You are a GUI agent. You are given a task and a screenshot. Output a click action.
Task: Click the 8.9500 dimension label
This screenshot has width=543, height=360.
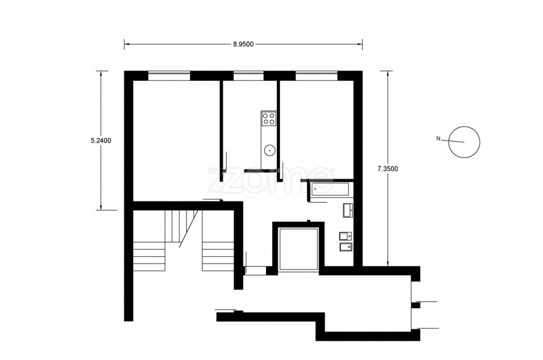coord(243,44)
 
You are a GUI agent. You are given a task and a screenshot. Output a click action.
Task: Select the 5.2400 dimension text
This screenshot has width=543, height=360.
coord(101,141)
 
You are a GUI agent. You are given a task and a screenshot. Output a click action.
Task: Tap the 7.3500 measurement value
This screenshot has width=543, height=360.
coord(387,169)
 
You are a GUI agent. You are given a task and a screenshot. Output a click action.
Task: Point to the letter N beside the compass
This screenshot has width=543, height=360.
coord(439,139)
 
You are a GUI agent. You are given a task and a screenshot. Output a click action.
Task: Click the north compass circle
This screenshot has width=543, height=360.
coord(464,127)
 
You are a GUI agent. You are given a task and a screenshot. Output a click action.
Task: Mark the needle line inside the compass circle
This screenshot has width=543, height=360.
coord(457,141)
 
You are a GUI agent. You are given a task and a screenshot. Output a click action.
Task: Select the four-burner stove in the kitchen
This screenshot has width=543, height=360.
coord(268,118)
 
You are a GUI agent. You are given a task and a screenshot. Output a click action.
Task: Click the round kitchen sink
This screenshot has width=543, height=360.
coord(269,150)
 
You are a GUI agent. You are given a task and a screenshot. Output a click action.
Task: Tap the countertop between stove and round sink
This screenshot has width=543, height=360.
coord(268,135)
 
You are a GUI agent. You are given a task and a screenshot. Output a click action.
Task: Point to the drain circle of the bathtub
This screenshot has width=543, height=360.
coord(315,189)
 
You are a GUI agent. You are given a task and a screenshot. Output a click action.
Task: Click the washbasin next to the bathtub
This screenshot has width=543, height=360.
coord(348,210)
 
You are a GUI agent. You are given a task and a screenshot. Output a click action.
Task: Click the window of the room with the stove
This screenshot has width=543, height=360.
coord(249,76)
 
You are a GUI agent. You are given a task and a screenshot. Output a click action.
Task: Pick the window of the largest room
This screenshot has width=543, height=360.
coord(170,76)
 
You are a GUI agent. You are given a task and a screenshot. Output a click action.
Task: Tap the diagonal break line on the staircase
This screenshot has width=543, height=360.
coord(189,229)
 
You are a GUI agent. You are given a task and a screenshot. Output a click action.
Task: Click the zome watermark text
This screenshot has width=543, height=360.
coord(271,180)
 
